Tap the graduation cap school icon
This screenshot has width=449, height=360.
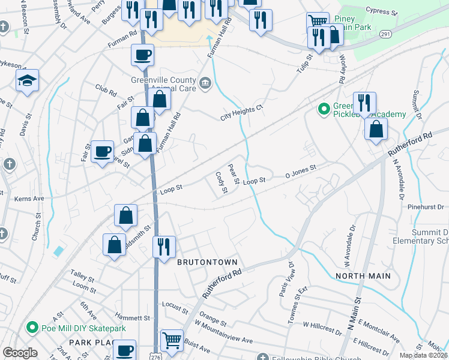pos(27,80)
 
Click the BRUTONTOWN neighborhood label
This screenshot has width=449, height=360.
pos(207,263)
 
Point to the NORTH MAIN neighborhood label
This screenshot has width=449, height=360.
pos(363,276)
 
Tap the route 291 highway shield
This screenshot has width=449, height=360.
pos(385,35)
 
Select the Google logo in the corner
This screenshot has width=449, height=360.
pos(20,353)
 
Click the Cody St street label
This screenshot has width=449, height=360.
pos(221,182)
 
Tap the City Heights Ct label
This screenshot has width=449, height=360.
pos(241,109)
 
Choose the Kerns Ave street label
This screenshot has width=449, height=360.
pos(29,198)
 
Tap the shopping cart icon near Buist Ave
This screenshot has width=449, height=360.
pos(172,340)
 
